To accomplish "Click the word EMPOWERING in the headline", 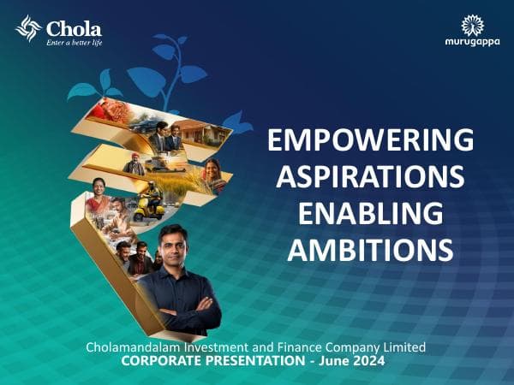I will [370, 139].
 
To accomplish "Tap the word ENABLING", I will [370, 213].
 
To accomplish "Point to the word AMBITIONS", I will [370, 250].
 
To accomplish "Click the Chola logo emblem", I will [28, 29].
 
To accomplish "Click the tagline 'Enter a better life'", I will [74, 42].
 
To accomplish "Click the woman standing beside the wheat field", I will [212, 175].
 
